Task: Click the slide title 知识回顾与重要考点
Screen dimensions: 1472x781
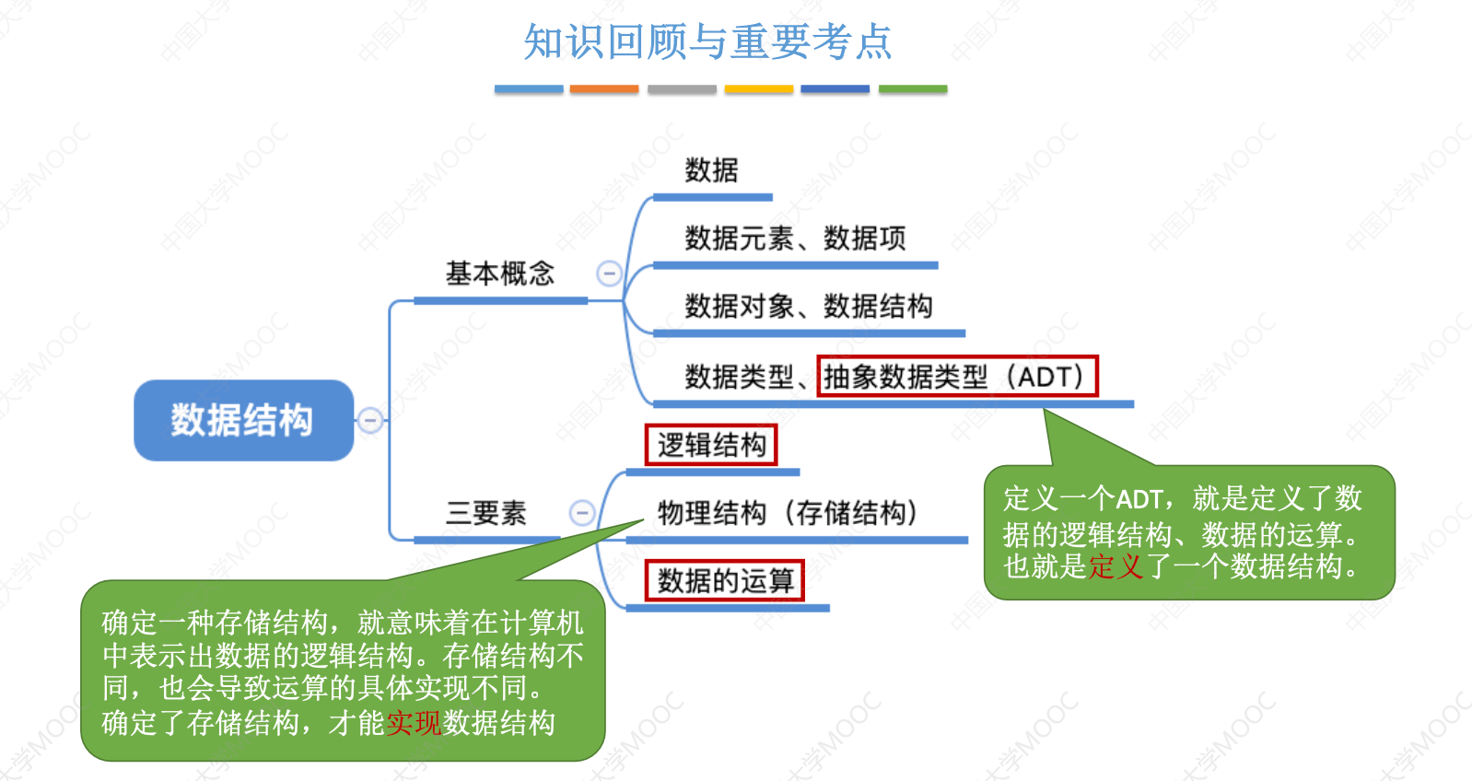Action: [707, 41]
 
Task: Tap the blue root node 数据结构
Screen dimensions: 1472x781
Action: [243, 420]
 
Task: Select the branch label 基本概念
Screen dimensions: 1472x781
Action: [500, 274]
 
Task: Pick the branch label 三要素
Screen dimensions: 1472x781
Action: [485, 513]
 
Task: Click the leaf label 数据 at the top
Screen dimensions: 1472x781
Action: [711, 170]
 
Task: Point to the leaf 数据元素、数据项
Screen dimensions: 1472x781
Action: [795, 239]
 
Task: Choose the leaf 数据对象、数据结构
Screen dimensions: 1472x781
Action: [808, 307]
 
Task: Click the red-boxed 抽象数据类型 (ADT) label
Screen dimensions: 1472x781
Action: [957, 377]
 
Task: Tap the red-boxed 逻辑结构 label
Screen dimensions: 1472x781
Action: [711, 445]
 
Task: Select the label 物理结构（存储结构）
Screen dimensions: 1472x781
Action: [788, 513]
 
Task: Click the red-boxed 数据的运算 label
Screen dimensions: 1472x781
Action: [725, 581]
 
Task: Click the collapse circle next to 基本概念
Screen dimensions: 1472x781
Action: [609, 274]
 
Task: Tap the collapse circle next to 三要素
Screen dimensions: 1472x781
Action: [582, 513]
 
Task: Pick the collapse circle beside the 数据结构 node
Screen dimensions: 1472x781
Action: [370, 420]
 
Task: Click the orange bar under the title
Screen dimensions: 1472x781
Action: [604, 89]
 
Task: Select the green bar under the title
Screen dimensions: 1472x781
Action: [913, 89]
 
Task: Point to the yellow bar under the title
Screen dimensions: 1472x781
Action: [759, 89]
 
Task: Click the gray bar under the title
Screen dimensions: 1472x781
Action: [682, 89]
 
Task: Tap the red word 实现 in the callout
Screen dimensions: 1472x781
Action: [414, 723]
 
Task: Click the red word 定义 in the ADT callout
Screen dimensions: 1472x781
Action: [1116, 566]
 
